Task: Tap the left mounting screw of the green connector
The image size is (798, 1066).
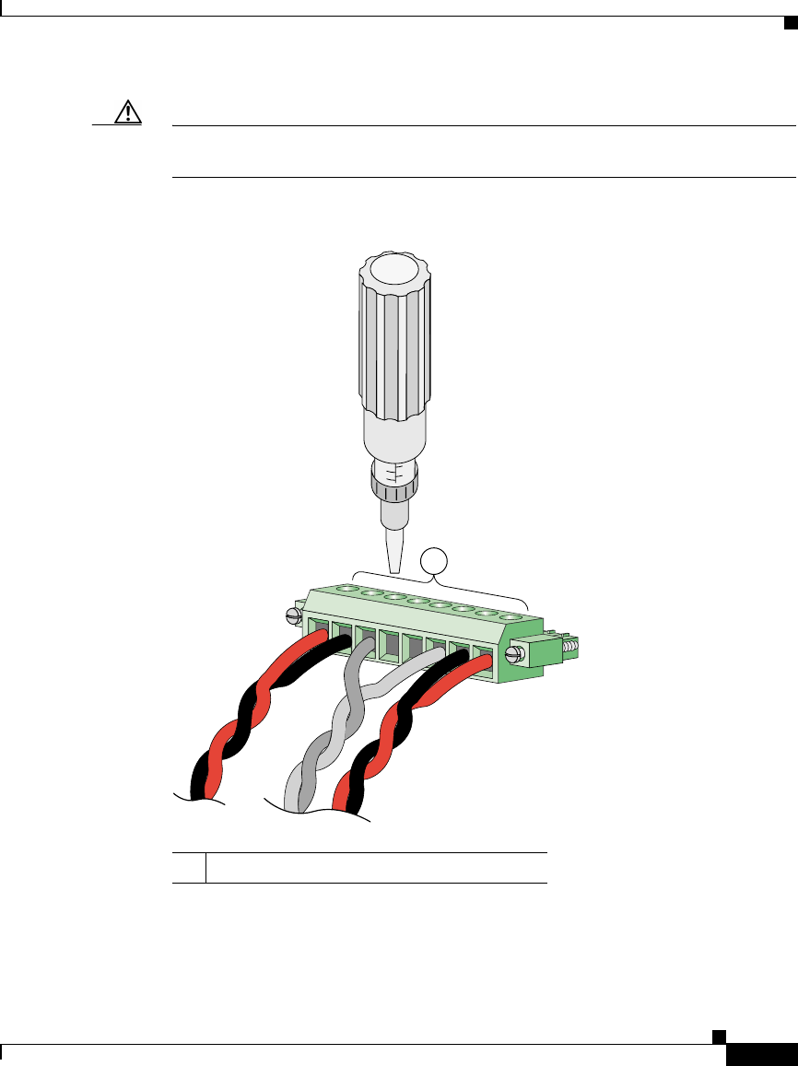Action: point(295,615)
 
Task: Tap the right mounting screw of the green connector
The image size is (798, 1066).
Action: point(515,655)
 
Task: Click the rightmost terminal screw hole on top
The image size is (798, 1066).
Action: point(507,615)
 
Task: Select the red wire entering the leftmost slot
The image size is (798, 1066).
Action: point(309,642)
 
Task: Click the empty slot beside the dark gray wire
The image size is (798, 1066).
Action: point(387,645)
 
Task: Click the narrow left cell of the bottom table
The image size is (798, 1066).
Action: point(189,867)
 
